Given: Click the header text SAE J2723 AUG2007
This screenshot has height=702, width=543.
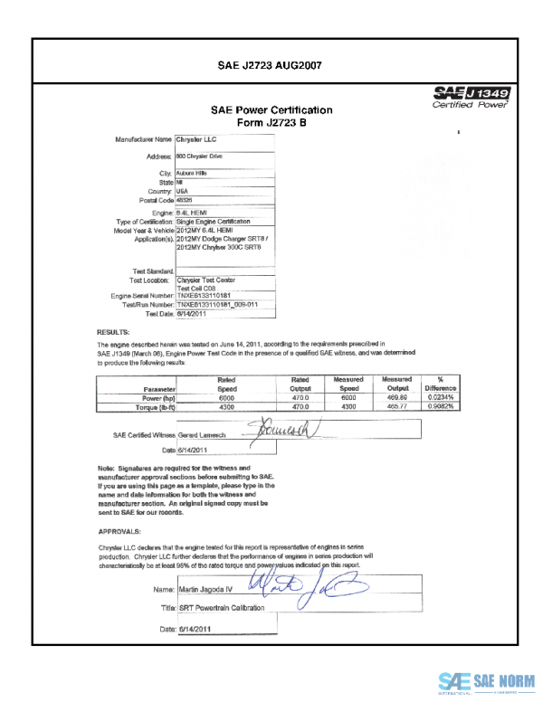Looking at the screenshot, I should tap(271, 65).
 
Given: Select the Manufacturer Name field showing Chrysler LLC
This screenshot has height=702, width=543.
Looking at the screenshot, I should tap(197, 139).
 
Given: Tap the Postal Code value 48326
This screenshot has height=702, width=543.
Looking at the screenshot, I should tap(185, 199).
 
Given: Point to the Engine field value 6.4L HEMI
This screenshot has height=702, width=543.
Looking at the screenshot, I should tap(190, 212).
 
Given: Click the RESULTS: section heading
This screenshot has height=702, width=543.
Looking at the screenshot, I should tap(114, 333).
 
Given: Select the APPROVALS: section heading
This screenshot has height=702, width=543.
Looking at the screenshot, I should tap(120, 532).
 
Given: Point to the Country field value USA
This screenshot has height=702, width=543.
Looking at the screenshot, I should tap(182, 191).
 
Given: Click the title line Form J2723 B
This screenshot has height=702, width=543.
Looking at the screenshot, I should tap(271, 123).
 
